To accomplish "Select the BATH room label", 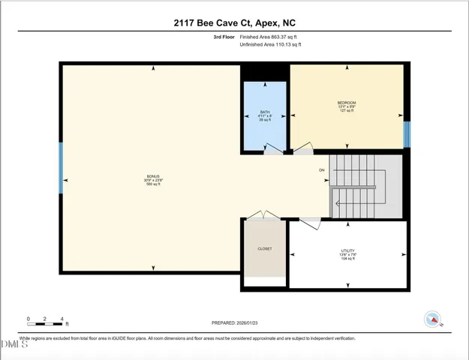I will coord(264,112).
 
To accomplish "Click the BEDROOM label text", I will coord(346,102).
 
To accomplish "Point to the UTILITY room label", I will coord(347,250).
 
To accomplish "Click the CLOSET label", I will coord(265,248).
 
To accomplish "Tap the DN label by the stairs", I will coord(322,170).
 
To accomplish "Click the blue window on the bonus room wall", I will coord(62,168).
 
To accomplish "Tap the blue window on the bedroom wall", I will coord(407,134).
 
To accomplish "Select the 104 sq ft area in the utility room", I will coord(347,259).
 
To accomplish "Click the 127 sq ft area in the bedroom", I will coord(346,111).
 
